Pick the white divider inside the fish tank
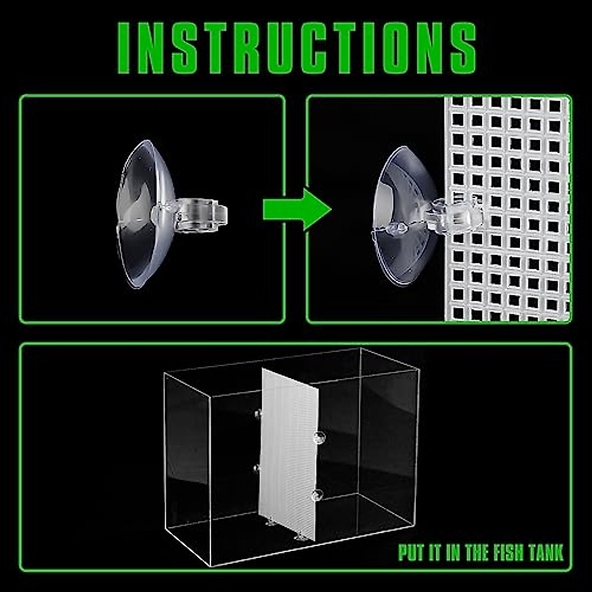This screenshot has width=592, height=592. [289, 454]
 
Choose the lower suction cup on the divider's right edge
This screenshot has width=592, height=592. [317, 495]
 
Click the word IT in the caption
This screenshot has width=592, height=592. [435, 553]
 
